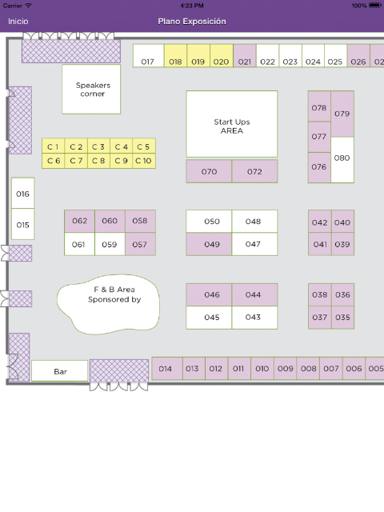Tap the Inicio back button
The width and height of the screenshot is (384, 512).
coord(18,22)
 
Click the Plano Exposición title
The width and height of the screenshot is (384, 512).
coord(192,22)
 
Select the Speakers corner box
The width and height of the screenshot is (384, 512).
coord(91,90)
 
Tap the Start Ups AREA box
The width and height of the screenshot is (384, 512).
coord(232,124)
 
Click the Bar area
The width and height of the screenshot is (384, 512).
coord(60,370)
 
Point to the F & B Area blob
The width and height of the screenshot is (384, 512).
coord(109,305)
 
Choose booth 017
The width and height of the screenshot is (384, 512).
coord(148,56)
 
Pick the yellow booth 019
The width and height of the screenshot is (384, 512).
coord(198,56)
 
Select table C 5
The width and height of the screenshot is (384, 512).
coord(144,146)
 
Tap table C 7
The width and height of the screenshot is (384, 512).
coord(76,161)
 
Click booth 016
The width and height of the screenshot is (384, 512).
coord(23,193)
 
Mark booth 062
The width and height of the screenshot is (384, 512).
coord(80,221)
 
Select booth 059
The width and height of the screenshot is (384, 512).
coord(110,244)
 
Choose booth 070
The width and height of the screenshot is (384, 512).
coord(209,171)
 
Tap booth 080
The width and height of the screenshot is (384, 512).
coord(342,160)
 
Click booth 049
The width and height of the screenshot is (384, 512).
coord(209,244)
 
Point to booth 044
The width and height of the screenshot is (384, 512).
coord(254,294)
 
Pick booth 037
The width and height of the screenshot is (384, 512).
coord(320,317)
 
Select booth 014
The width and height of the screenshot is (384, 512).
coord(167,368)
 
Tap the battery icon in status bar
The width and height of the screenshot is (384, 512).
coord(374,6)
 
